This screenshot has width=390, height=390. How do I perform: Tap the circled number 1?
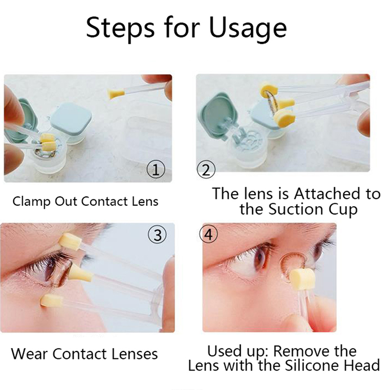point(156,169)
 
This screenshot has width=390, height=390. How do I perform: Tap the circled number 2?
point(206,169)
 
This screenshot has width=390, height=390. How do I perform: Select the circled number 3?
point(157,235)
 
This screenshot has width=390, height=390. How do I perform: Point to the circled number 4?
point(209,234)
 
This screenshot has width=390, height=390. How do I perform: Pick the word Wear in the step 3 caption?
point(30,353)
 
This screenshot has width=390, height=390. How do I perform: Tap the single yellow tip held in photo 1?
point(116,94)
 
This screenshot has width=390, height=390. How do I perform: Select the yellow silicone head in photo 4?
point(302,279)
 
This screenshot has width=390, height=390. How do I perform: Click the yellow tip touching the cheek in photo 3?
point(51,300)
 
